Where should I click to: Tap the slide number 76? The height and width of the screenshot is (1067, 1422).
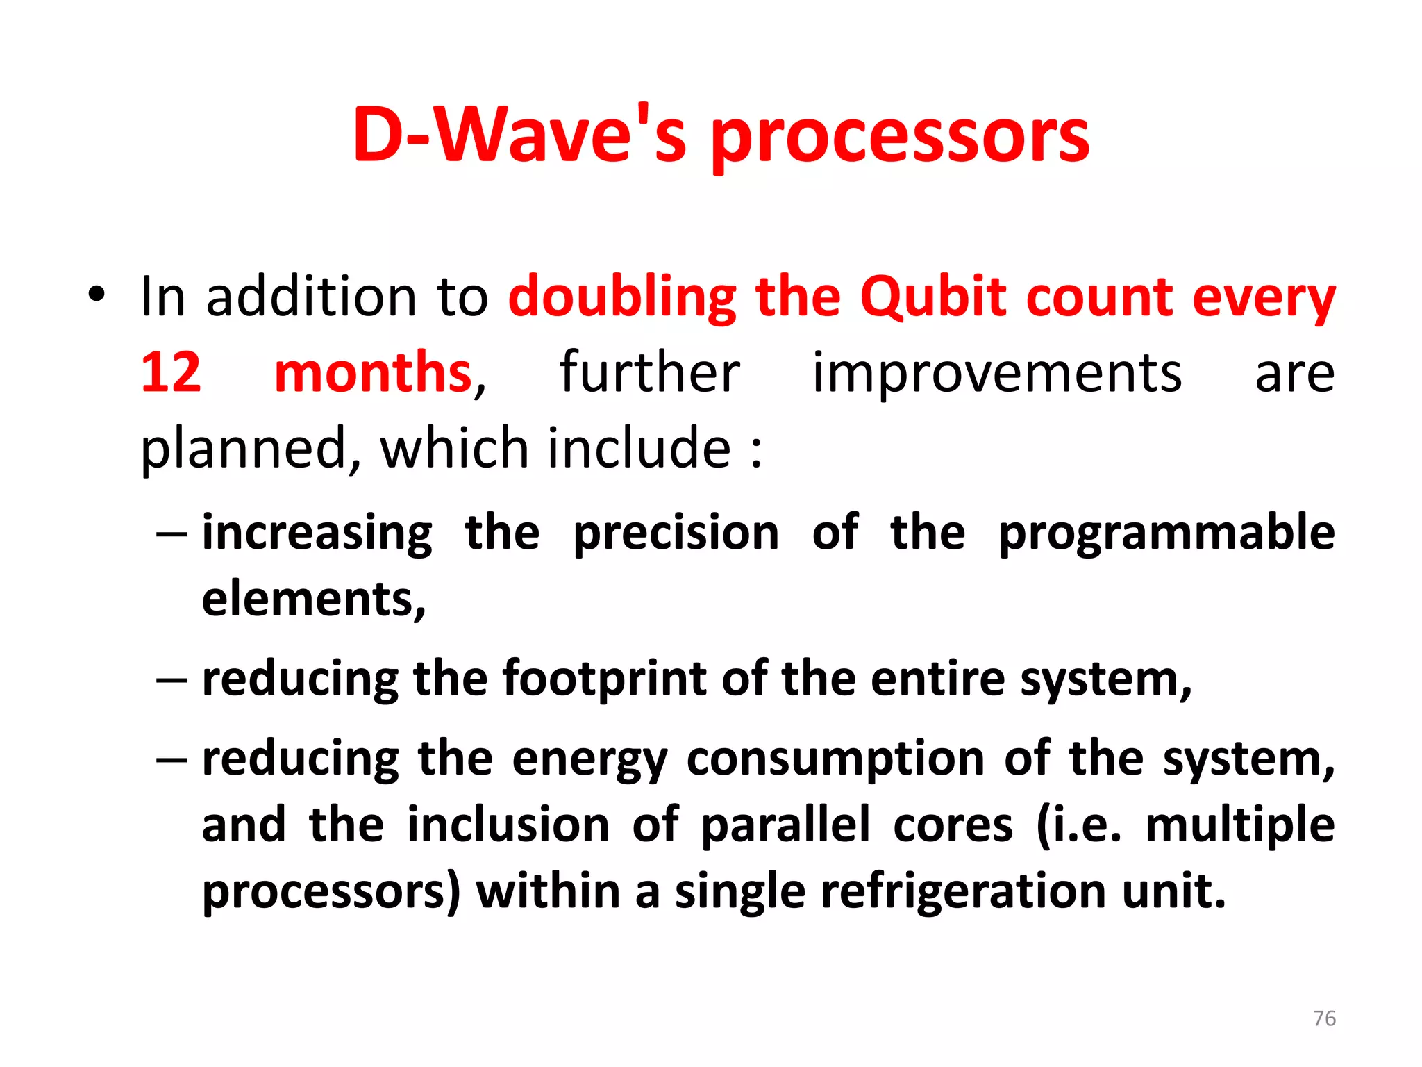click(1324, 1018)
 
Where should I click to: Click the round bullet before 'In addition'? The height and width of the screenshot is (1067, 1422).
click(97, 295)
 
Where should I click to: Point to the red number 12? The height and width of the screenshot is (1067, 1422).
click(171, 372)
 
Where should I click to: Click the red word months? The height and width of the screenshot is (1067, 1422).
click(373, 372)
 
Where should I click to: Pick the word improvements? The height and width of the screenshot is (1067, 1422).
click(996, 372)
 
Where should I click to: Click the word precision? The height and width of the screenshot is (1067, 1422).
click(676, 533)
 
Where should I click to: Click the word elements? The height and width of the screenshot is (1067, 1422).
click(312, 599)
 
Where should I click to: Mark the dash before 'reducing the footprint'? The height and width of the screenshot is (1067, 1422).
click(172, 680)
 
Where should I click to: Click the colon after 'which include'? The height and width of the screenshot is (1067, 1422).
click(756, 450)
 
